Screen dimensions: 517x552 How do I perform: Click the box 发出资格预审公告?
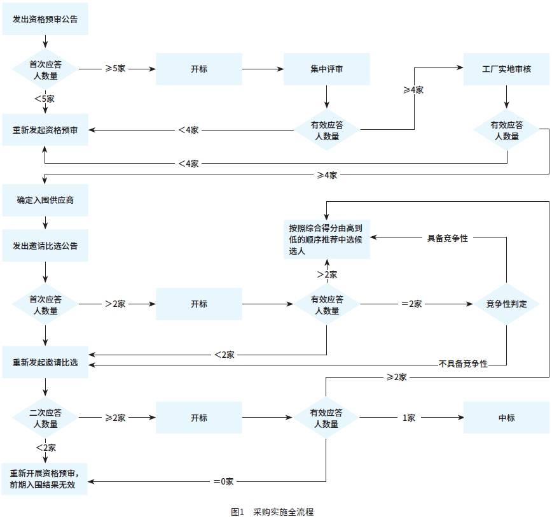(45, 19)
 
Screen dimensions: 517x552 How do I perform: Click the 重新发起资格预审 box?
(45, 130)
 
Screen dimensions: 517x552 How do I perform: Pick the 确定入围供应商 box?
(45, 201)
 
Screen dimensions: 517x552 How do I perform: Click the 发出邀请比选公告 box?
(45, 245)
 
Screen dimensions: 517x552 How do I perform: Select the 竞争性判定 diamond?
(506, 304)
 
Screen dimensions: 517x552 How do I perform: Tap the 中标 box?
(506, 418)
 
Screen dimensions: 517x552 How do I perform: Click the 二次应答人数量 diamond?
(45, 418)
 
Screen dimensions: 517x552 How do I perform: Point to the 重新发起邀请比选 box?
(45, 362)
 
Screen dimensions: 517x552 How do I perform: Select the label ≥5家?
(116, 67)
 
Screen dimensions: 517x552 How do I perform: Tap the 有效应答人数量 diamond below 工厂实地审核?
(506, 130)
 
